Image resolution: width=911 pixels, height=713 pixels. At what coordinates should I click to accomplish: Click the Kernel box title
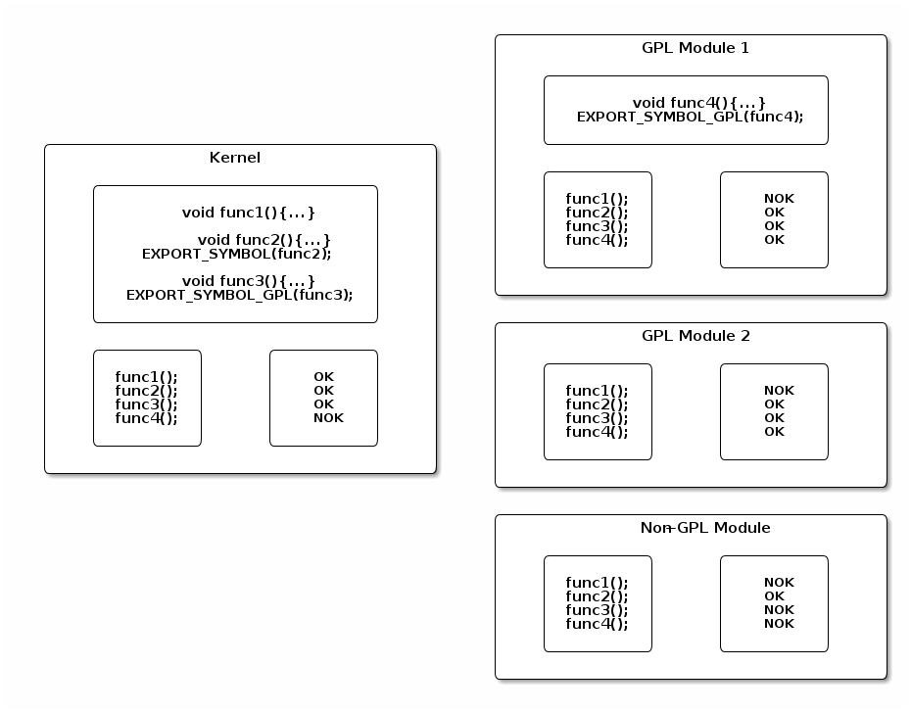click(235, 158)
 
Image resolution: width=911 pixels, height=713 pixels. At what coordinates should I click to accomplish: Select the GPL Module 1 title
click(695, 48)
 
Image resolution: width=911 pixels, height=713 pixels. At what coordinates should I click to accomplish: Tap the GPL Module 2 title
click(695, 336)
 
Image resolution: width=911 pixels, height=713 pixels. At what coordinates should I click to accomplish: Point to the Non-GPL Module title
click(705, 528)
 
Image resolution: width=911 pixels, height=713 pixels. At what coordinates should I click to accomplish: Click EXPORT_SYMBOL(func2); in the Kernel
click(237, 253)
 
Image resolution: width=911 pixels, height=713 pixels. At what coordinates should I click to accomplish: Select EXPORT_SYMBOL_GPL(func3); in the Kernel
click(239, 294)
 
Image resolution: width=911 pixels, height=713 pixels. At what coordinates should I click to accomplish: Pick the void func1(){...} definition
click(249, 212)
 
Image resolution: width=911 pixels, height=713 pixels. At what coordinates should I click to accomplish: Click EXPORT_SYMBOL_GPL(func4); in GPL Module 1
click(690, 116)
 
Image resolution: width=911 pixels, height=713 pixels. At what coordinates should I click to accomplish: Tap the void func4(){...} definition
click(698, 102)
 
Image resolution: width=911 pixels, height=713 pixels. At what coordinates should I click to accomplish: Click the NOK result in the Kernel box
click(328, 418)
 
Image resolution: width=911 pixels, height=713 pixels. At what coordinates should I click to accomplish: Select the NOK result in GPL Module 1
click(779, 199)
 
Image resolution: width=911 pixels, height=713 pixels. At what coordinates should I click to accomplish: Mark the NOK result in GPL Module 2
click(779, 391)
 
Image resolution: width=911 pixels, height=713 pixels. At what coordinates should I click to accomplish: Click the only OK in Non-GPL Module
click(774, 596)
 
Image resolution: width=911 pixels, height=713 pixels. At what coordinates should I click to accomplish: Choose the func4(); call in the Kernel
click(146, 418)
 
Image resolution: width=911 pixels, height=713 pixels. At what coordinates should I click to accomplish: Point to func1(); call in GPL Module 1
click(597, 199)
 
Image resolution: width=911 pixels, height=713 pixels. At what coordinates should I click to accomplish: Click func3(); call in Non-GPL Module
click(597, 610)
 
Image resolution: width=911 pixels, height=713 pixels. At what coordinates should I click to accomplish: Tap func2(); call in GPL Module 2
click(597, 404)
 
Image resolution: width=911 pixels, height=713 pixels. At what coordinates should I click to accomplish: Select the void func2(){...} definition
click(264, 239)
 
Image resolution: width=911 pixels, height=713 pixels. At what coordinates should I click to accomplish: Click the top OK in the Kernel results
click(323, 377)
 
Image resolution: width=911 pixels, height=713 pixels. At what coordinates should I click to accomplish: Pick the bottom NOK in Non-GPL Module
click(779, 624)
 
